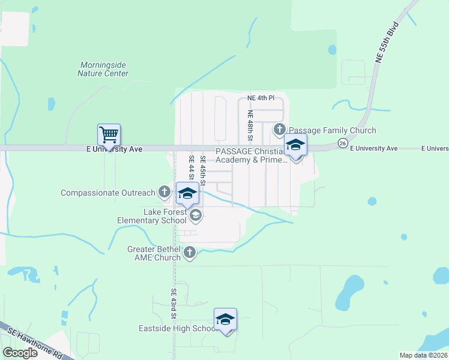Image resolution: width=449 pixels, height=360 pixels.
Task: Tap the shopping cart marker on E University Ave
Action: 109,134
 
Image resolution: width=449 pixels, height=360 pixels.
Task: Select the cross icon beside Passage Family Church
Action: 279,129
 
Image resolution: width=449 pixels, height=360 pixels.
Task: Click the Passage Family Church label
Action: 332,130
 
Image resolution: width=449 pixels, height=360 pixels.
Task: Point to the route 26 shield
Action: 342,143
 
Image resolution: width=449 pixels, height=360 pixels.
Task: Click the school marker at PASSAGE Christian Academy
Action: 295,145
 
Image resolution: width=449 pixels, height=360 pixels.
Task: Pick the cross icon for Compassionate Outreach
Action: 164,192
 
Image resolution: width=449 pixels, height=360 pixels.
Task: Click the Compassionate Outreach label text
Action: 109,193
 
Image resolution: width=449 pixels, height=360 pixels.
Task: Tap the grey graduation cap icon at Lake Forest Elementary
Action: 194,215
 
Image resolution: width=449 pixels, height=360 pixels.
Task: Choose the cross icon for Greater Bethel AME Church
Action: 189,252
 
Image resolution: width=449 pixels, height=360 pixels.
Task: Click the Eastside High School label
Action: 178,328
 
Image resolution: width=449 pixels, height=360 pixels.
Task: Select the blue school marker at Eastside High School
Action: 225,319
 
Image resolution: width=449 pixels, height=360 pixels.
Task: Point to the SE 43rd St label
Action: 173,303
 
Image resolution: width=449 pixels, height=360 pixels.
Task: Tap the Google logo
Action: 20,353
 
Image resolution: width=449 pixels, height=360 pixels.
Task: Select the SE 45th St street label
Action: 203,170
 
